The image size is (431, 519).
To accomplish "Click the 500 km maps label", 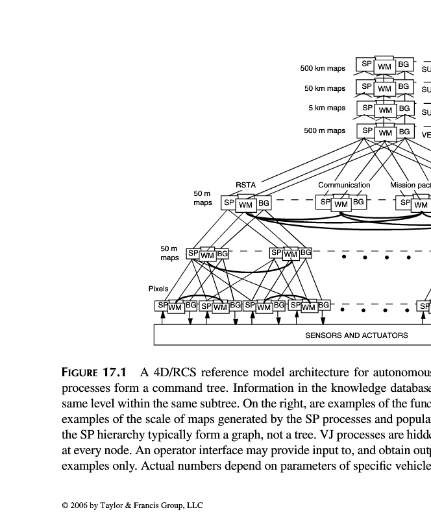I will (323, 68).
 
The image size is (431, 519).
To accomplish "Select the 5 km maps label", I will (327, 108).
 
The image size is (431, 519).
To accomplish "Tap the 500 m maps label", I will (325, 130).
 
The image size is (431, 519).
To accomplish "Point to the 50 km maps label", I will (325, 88).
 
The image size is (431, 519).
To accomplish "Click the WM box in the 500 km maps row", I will (385, 67).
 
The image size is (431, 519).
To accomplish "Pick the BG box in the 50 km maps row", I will (404, 86).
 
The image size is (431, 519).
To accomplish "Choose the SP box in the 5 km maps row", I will (367, 108).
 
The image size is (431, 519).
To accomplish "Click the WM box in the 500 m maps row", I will (386, 133).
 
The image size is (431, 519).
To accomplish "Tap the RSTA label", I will (245, 185).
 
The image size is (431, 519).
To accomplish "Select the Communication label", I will (344, 185).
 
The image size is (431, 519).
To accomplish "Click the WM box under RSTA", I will (245, 205).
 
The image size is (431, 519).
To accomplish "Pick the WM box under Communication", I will (341, 204).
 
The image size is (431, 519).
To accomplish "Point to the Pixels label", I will (158, 289).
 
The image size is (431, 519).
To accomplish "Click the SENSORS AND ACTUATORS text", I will (356, 335).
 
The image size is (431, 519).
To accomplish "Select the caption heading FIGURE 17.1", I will (93, 372).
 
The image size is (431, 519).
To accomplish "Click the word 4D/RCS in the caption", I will (176, 372).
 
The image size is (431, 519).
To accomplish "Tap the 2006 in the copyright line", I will (80, 505).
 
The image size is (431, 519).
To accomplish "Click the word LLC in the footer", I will (194, 505).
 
